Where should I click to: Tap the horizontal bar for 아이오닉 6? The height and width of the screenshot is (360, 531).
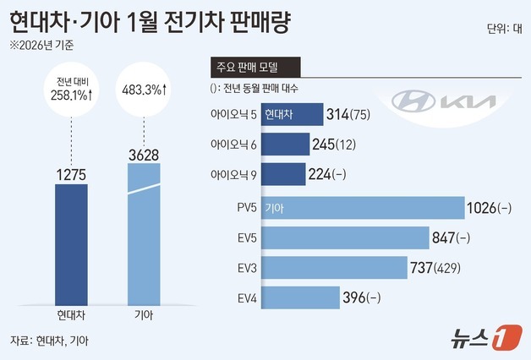pyautogui.click(x=284, y=145)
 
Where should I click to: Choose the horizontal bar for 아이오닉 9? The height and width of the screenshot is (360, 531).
pyautogui.click(x=282, y=174)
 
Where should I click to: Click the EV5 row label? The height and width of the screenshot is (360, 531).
pyautogui.click(x=243, y=238)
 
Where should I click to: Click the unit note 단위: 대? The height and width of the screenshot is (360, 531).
pyautogui.click(x=503, y=27)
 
